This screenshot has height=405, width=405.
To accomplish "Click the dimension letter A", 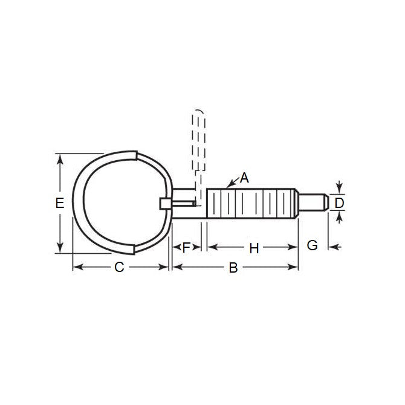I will point(244,178).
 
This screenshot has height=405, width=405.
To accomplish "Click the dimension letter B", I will point(233,267).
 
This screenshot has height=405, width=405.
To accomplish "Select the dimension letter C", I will point(119,267).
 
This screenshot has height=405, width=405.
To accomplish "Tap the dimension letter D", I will point(339,203).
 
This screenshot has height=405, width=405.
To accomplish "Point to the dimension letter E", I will point(59,203).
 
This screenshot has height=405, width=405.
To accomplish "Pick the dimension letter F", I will point(187,247).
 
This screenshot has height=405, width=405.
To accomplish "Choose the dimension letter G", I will point(312,245).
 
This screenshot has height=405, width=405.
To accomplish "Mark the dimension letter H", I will point(254,248).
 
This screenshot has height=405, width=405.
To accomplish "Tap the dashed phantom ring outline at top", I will point(201,139).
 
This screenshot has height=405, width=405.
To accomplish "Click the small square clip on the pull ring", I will point(165,204).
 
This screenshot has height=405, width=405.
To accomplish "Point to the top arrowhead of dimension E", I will point(60,157).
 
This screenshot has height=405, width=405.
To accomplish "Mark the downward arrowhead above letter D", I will point(339,190).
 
